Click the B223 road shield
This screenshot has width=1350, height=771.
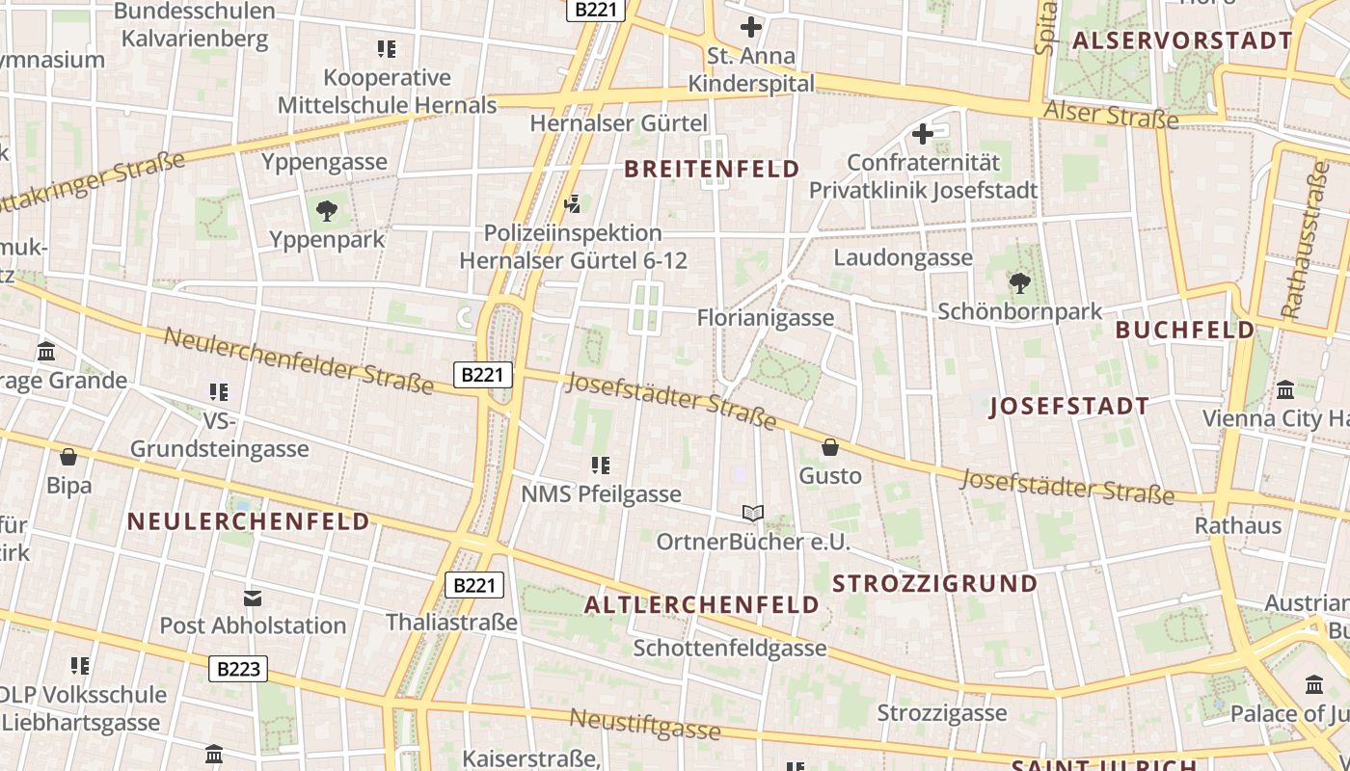[x=238, y=669]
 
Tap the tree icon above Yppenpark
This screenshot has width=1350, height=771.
[x=327, y=210]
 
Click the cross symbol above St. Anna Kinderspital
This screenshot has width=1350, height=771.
[x=751, y=27]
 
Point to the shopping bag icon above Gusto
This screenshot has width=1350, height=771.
[x=829, y=447]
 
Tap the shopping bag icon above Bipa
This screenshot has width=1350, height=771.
[x=68, y=457]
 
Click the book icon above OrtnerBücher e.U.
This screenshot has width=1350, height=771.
[x=753, y=513]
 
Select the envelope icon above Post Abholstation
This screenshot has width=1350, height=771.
[x=252, y=598]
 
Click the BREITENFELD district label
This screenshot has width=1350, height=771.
[x=712, y=170]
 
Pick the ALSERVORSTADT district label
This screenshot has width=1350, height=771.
[x=1181, y=40]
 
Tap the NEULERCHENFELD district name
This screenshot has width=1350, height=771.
[x=249, y=522]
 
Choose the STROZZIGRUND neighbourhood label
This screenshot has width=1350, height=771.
[x=934, y=583]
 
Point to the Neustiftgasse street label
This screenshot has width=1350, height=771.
[x=644, y=723]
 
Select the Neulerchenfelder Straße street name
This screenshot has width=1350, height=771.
[x=299, y=360]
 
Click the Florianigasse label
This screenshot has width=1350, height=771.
[x=765, y=317]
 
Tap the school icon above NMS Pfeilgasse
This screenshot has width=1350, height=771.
[x=601, y=465]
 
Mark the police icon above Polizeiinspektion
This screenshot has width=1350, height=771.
[x=573, y=203]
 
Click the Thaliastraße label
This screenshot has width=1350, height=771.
[x=452, y=622]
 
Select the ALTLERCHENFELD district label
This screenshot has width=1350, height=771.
[x=702, y=605]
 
